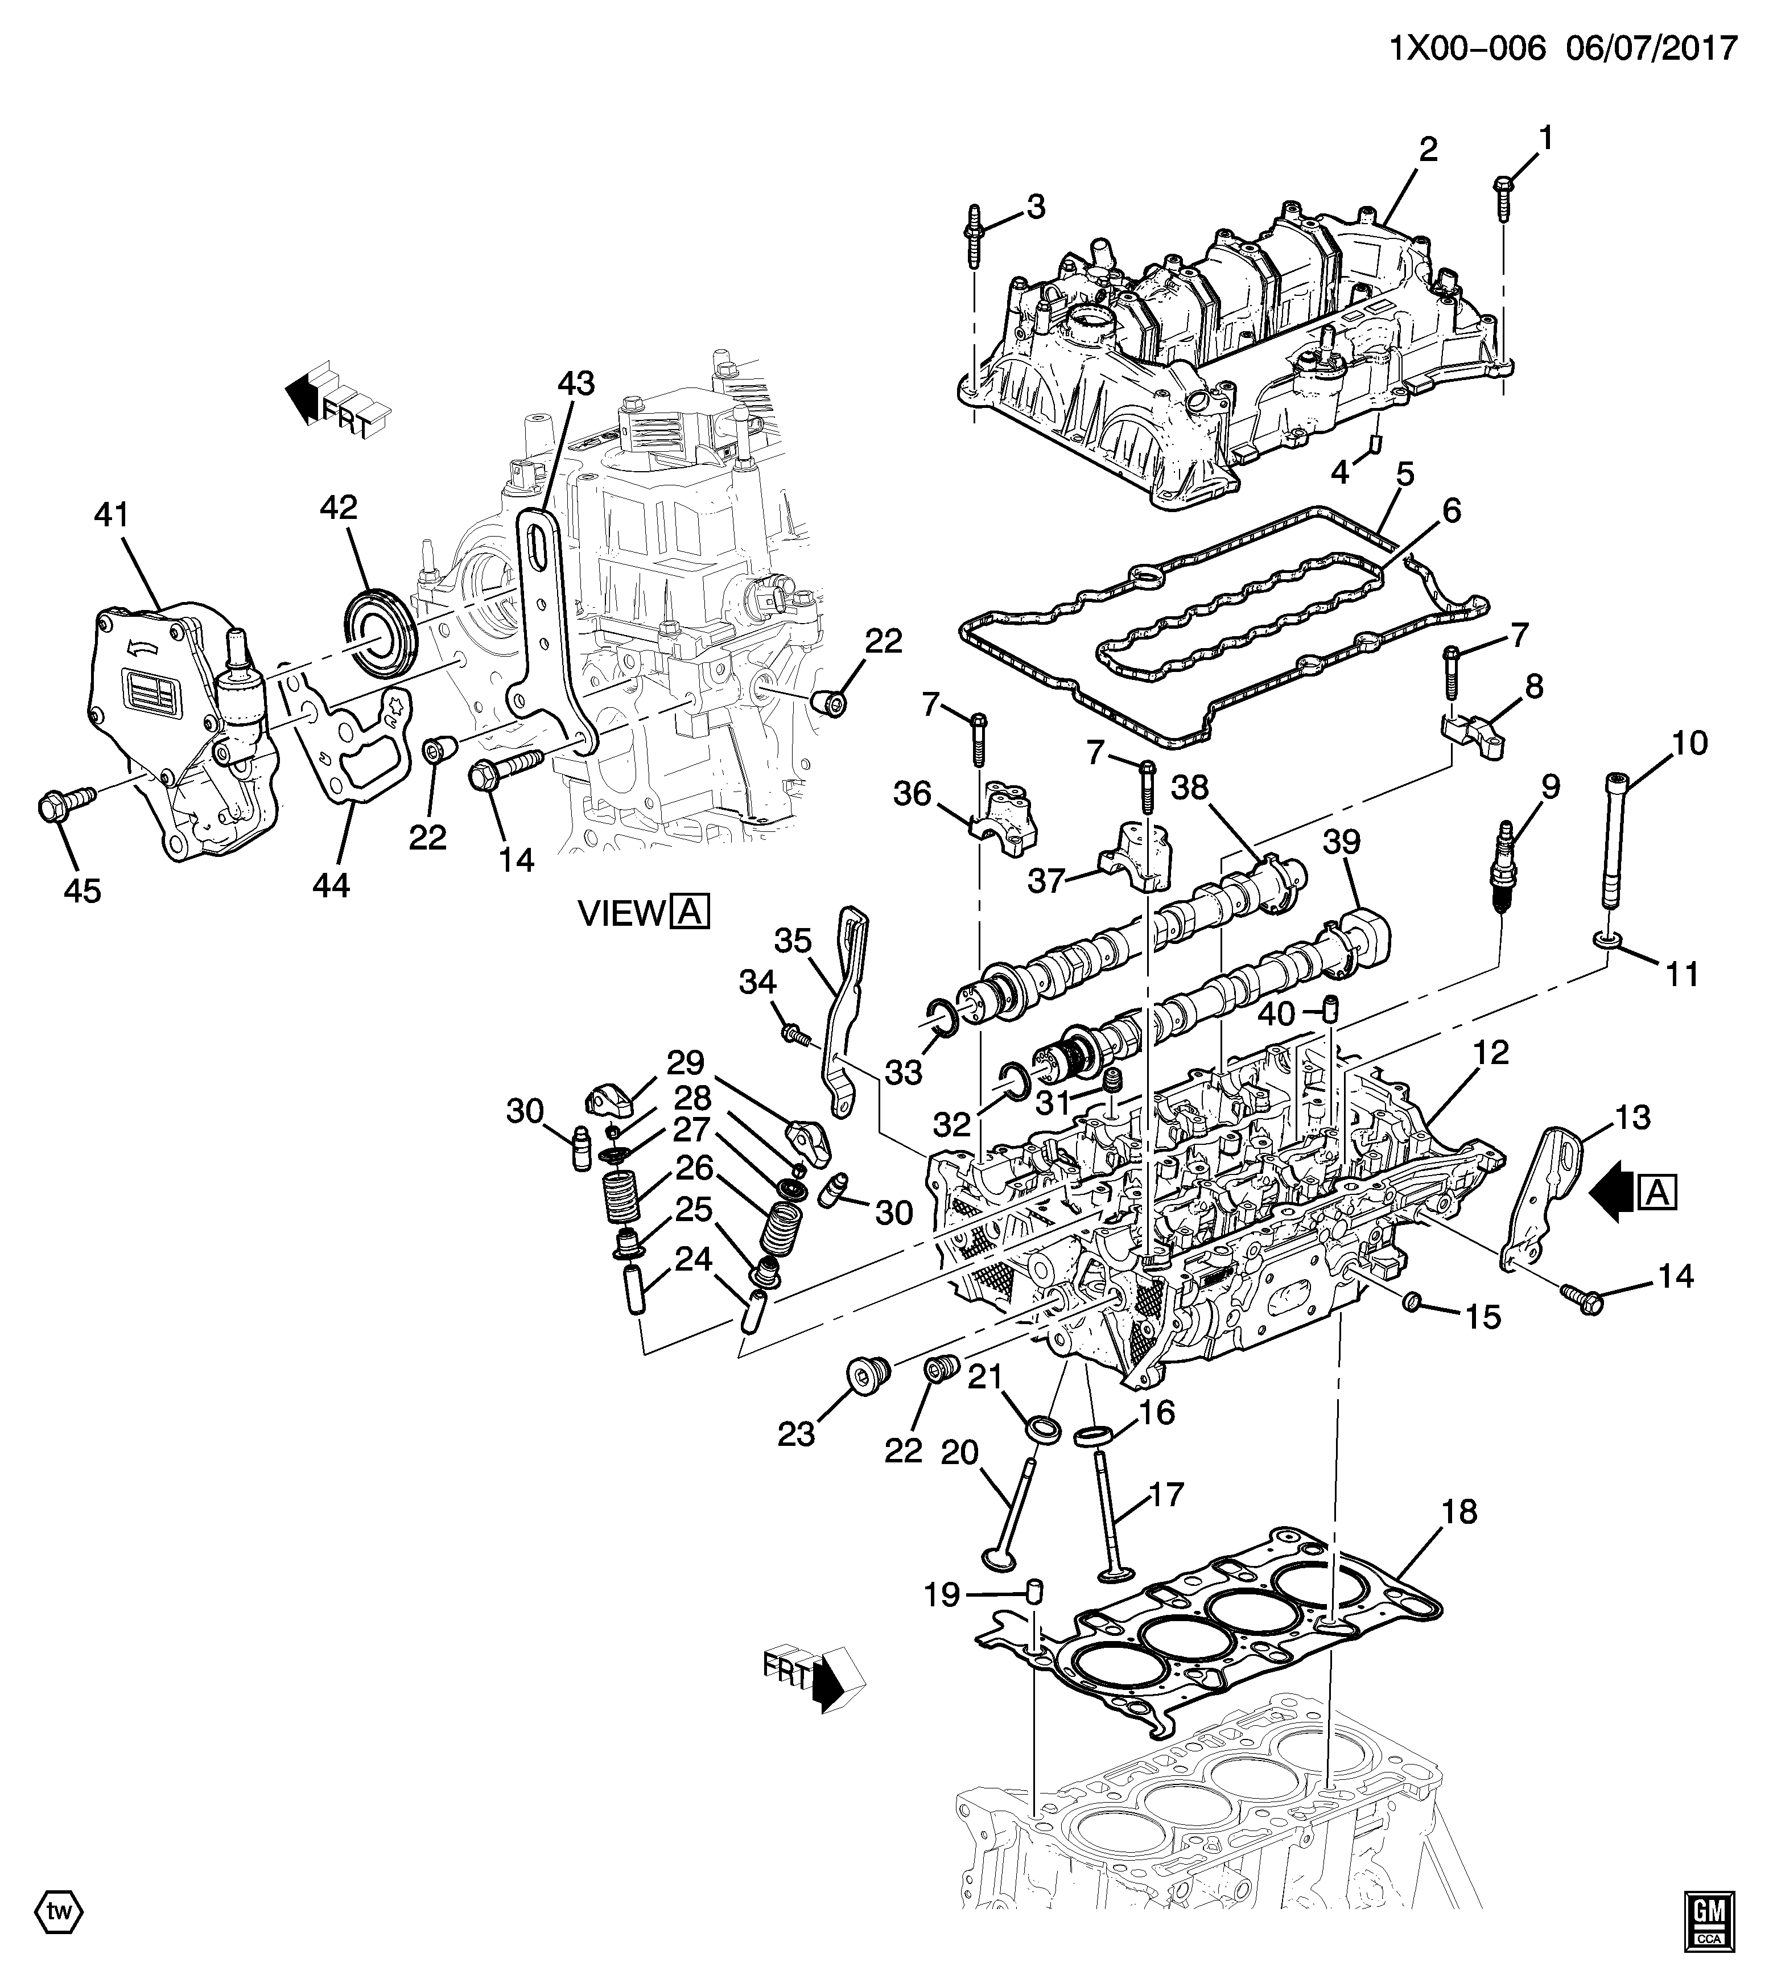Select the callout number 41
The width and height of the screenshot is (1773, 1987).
(x=111, y=516)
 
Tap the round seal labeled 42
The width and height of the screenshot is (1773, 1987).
(x=381, y=629)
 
